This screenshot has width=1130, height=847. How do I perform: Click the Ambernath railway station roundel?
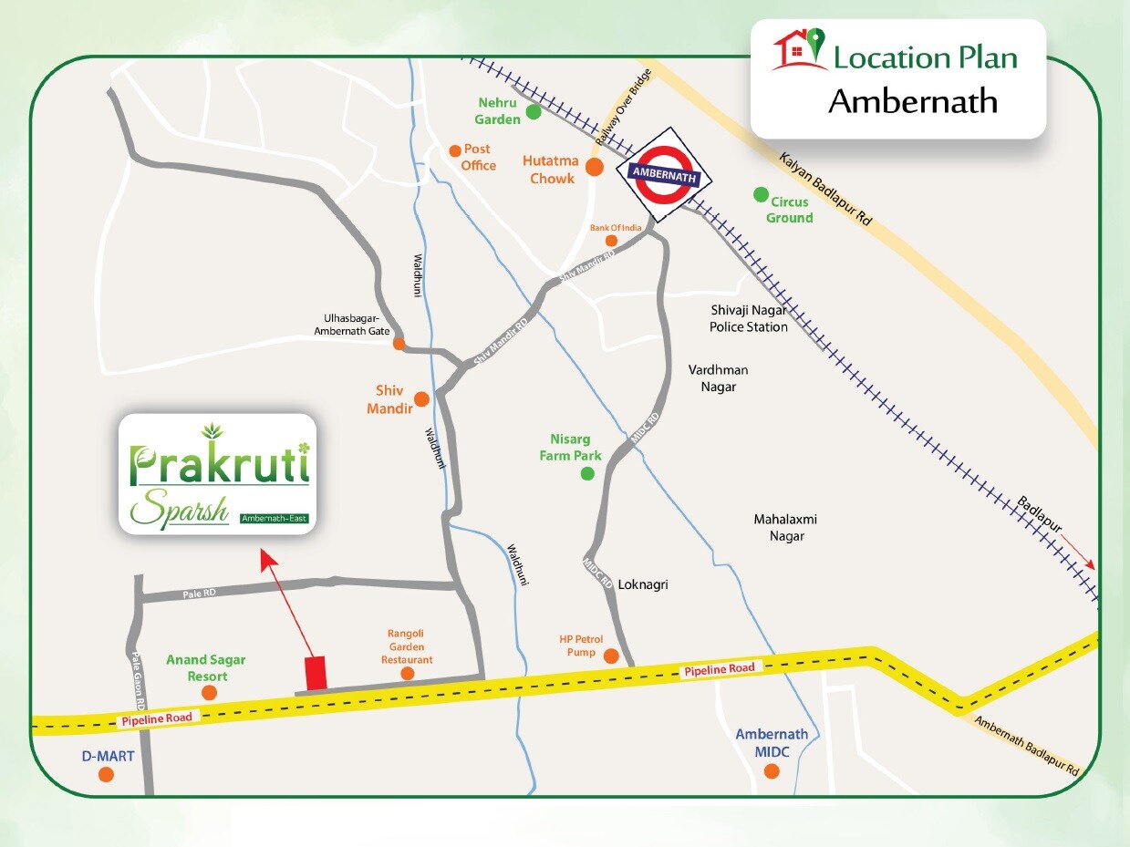point(664,179)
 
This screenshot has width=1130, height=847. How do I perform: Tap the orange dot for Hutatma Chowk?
point(594,167)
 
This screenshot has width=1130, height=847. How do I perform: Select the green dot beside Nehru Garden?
point(534,113)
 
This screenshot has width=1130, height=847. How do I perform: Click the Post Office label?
point(478,157)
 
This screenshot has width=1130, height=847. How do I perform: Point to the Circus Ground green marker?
point(760,194)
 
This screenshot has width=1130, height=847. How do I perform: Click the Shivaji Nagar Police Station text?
point(749,318)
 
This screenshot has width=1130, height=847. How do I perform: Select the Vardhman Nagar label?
point(718,378)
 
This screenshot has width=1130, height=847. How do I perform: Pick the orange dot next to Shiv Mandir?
point(421,398)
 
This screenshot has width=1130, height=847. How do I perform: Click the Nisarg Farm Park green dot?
point(587,473)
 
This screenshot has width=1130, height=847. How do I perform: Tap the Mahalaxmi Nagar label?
point(785,528)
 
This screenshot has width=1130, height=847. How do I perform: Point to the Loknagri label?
point(643,584)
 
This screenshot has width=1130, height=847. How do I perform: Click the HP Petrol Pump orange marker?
point(611,656)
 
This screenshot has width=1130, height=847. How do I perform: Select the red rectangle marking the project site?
point(316,673)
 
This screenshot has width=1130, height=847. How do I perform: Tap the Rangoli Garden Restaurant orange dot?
point(407,674)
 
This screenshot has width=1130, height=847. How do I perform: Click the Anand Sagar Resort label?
point(205,668)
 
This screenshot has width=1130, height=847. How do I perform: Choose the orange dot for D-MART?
point(106,774)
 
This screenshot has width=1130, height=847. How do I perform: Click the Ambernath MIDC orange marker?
point(772,771)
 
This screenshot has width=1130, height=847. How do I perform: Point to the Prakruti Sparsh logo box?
point(218,474)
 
